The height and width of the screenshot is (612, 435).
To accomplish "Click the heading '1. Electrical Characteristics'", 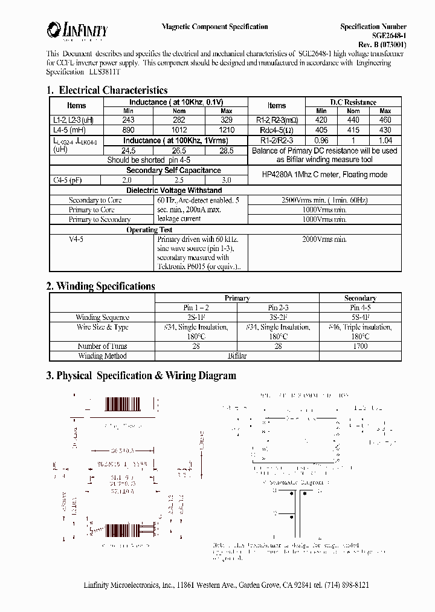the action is pos(107,90).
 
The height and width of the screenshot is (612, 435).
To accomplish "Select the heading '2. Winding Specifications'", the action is pos(101,286).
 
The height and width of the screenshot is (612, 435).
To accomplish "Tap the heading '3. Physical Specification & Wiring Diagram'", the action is pos(141,376).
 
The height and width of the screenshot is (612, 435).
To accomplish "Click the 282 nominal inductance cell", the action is pos(179,120).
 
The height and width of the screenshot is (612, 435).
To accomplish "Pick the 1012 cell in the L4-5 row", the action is pos(179,129).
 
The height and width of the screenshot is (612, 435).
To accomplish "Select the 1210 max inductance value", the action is pos(226,129).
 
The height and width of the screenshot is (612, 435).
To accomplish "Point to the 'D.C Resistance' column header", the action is pos(353,102).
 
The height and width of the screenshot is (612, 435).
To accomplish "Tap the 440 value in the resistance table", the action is pos(353,120).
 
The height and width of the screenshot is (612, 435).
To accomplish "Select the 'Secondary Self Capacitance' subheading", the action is pos(173,171).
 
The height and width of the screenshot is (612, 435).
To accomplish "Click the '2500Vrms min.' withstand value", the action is pos(323,200).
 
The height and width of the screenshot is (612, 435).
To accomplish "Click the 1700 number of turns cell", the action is pos(360,347).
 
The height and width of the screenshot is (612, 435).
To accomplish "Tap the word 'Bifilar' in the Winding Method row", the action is pos(237,356).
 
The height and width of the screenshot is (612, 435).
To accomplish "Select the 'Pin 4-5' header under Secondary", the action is pos(360,307).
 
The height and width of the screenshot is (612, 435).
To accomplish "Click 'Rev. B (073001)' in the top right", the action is pos(382,44).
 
